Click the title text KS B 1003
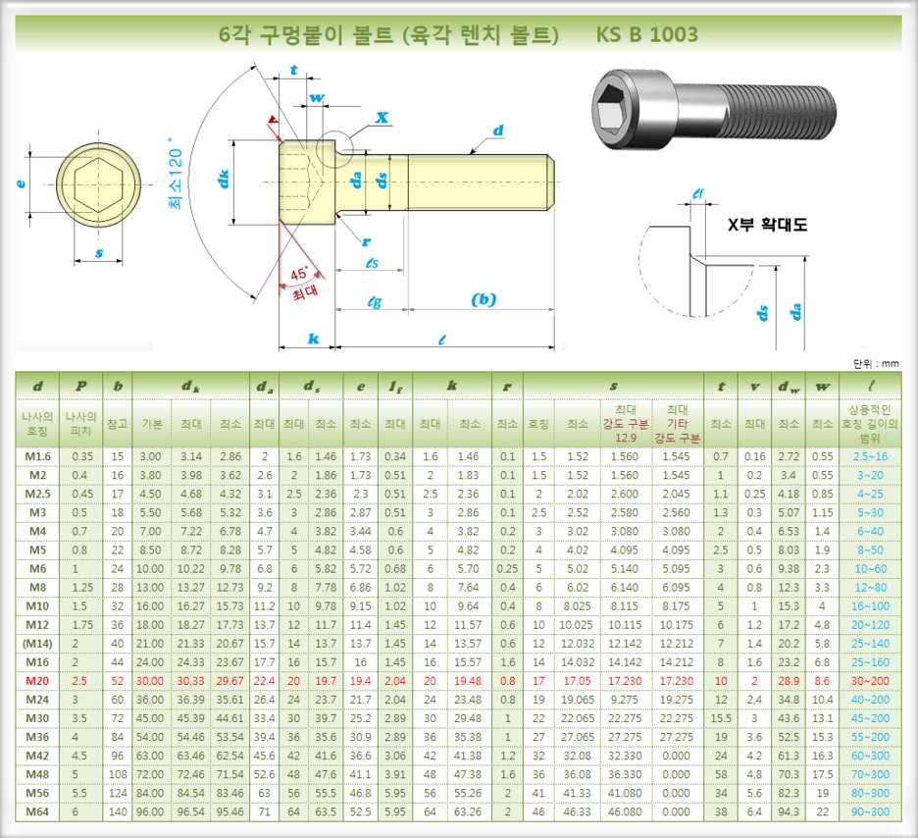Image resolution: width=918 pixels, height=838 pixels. tap(646, 34)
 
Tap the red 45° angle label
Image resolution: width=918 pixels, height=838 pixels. tap(299, 274)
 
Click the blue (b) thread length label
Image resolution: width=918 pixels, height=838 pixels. tap(484, 299)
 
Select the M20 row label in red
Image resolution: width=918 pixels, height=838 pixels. tap(37, 681)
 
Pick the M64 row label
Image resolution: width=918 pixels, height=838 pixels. tap(37, 812)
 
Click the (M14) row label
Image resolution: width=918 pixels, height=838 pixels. tap(37, 644)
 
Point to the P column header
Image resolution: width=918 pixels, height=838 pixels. tap(80, 386)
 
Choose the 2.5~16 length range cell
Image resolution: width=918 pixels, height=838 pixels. tap(870, 456)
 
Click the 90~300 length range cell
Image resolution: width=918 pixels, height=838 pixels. tap(870, 812)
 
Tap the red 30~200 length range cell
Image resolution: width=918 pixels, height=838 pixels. tap(870, 681)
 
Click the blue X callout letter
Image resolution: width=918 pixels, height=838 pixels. tap(382, 117)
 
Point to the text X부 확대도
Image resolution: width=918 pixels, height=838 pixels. tap(767, 225)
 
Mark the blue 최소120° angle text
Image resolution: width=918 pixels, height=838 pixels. tap(176, 174)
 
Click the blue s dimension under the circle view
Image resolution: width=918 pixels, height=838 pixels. tap(99, 253)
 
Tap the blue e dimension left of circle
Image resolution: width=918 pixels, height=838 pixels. tap(21, 183)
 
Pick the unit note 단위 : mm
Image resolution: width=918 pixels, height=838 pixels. tap(876, 364)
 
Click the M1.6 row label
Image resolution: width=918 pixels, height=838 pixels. tap(37, 456)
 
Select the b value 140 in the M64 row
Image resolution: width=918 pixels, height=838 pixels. tap(118, 812)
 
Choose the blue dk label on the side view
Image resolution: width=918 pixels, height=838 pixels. tap(223, 179)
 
